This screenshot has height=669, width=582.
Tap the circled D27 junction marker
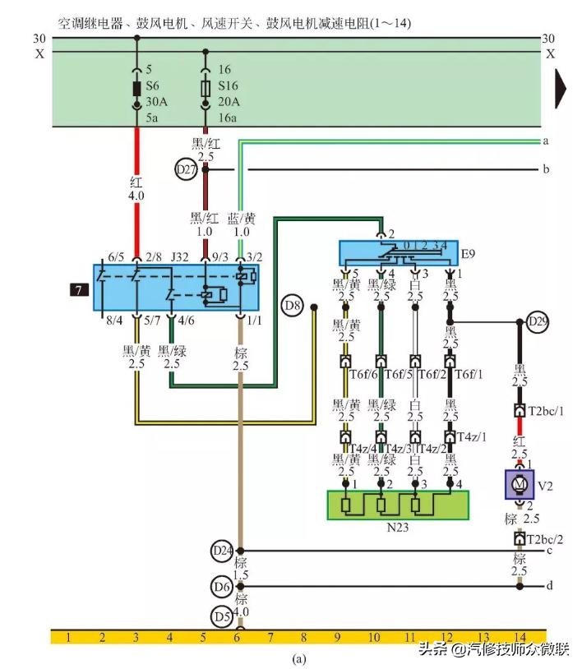point(187,170)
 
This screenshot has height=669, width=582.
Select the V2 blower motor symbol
point(519,485)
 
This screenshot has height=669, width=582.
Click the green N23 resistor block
point(397,505)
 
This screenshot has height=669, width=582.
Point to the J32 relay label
point(180,257)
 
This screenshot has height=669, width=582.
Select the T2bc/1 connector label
point(547,410)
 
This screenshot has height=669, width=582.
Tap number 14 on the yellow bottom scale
point(519,637)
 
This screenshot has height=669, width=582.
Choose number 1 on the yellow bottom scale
point(69,637)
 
